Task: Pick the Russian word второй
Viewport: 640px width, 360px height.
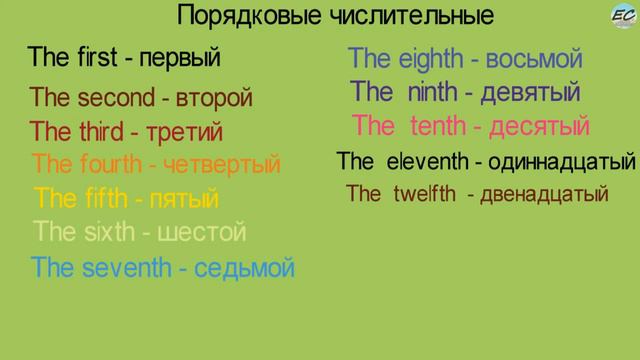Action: click(x=214, y=99)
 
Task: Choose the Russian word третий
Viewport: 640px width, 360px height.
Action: click(x=184, y=133)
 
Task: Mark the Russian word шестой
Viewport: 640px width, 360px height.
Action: click(x=203, y=233)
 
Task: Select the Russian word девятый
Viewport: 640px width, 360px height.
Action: click(x=530, y=93)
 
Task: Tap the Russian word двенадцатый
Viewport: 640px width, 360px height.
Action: click(x=544, y=195)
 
